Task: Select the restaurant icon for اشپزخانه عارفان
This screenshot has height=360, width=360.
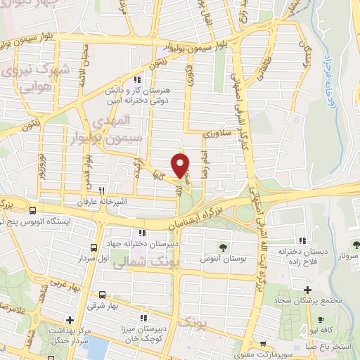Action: [102, 190]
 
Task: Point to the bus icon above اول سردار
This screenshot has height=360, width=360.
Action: [94, 247]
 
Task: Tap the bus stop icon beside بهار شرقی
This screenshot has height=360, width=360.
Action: [103, 295]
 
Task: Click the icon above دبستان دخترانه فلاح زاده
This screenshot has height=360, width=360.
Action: [302, 240]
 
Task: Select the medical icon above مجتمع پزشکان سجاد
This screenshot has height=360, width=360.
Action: [307, 289]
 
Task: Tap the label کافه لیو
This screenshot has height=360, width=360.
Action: [340, 330]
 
